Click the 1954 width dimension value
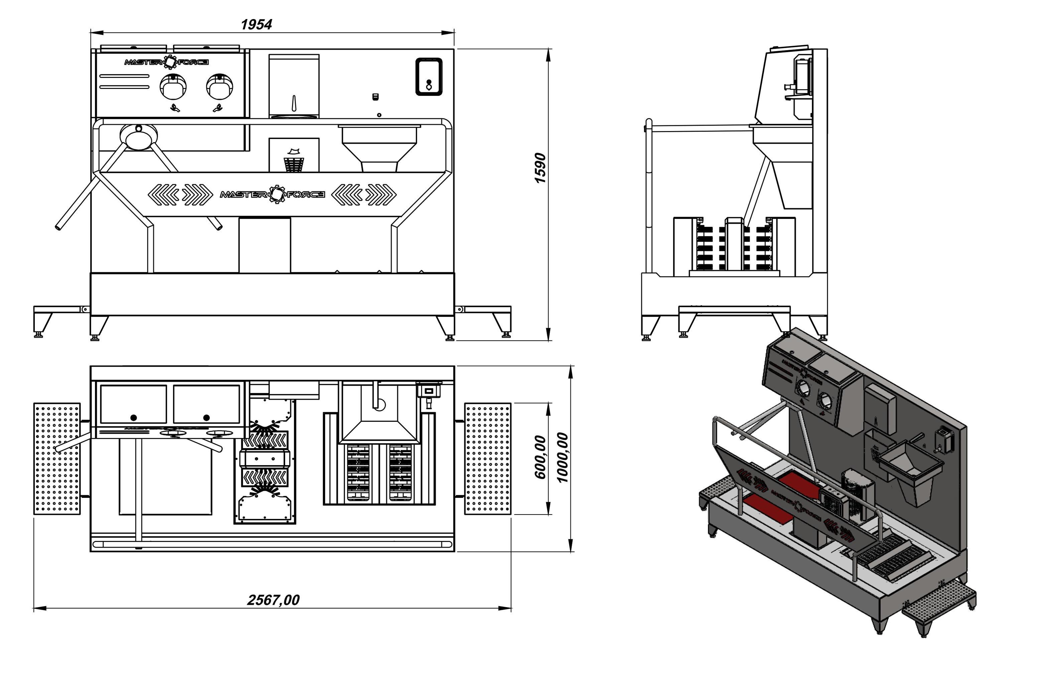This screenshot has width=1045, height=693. click(256, 24)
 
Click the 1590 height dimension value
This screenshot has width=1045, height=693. click(540, 168)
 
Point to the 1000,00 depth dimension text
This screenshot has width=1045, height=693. click(562, 457)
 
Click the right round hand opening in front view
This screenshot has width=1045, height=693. click(219, 87)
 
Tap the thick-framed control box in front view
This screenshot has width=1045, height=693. click(429, 77)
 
